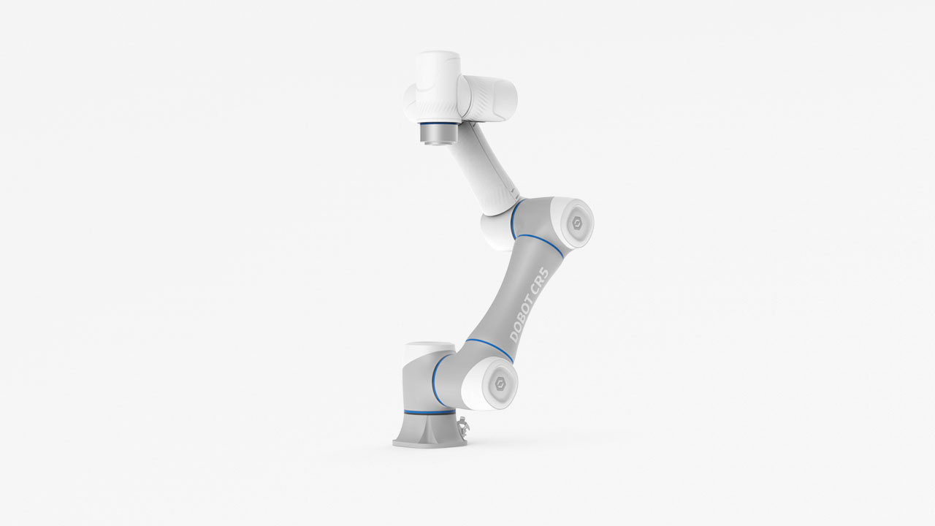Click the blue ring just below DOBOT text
489,348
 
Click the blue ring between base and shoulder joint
437,381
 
